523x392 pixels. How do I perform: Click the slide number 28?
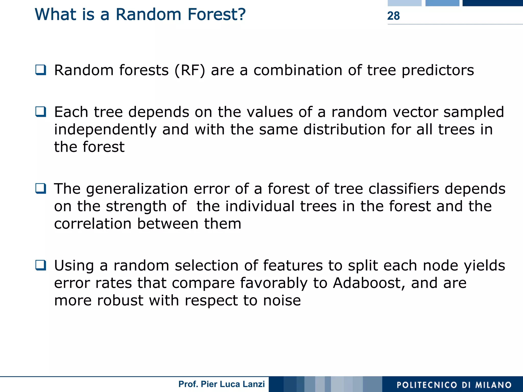point(393,16)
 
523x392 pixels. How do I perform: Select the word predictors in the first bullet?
point(438,71)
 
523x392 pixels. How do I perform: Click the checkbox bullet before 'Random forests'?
point(41,70)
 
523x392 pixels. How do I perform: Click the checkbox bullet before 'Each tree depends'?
point(41,112)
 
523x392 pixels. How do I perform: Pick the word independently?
point(105,130)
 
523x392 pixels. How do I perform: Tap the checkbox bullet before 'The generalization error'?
point(41,188)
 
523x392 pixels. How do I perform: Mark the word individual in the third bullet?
point(260,206)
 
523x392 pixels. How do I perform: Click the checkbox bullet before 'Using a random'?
point(41,265)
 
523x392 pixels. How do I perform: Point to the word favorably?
point(274,284)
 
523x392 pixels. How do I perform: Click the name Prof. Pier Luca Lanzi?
point(221,384)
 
